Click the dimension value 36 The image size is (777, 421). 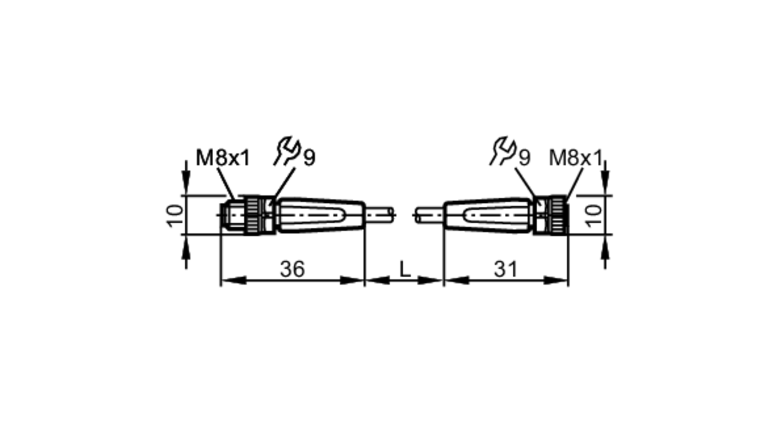[x=292, y=269]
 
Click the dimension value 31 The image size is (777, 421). [x=505, y=269]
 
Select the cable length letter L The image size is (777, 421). [x=405, y=269]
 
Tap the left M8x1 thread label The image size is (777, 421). [x=223, y=158]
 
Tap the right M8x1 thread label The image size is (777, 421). [x=575, y=158]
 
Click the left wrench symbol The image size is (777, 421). [x=287, y=151]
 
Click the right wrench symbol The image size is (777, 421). [x=503, y=151]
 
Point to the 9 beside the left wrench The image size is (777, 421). [x=309, y=158]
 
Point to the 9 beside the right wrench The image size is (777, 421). [x=524, y=158]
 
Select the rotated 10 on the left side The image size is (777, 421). [x=175, y=215]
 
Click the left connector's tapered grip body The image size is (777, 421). [x=321, y=215]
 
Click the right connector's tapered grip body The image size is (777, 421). [x=488, y=215]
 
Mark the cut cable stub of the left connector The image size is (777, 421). [x=379, y=215]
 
